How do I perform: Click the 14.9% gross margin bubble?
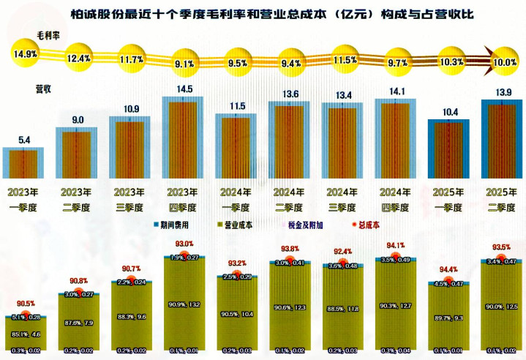click(25, 53)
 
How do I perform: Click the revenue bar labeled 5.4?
click(25, 162)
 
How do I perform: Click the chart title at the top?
click(262, 12)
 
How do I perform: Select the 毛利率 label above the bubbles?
click(48, 35)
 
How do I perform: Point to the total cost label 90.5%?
click(26, 304)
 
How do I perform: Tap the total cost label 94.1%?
click(395, 245)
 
